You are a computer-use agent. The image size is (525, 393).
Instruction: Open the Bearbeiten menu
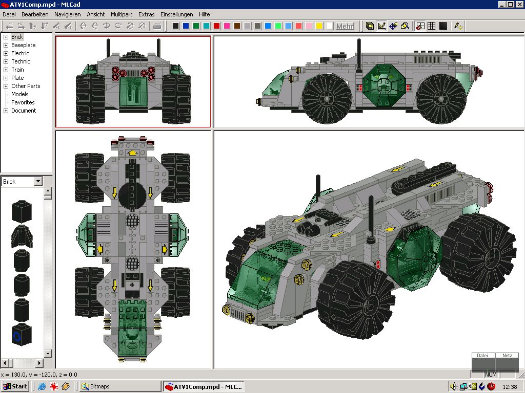(35, 14)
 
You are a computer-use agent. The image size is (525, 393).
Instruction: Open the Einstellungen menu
(176, 14)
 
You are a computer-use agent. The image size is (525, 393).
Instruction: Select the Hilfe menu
(204, 14)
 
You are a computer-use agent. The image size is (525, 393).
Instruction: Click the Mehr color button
(345, 26)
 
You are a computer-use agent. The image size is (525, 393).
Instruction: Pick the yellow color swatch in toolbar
(319, 26)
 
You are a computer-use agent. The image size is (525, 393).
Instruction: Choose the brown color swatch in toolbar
(237, 26)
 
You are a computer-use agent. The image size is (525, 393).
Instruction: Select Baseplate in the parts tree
(24, 45)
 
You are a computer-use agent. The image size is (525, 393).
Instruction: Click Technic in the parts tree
(21, 61)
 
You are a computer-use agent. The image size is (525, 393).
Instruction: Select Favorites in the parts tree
(23, 102)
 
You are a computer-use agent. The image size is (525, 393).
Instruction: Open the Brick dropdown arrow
(38, 182)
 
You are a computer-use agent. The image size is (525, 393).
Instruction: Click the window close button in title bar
(519, 5)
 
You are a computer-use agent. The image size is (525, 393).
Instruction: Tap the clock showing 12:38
(510, 386)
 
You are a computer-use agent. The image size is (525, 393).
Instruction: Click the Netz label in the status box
(507, 355)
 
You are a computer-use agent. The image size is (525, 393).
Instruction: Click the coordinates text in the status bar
(39, 375)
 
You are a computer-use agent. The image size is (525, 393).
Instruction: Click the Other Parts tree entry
(26, 86)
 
